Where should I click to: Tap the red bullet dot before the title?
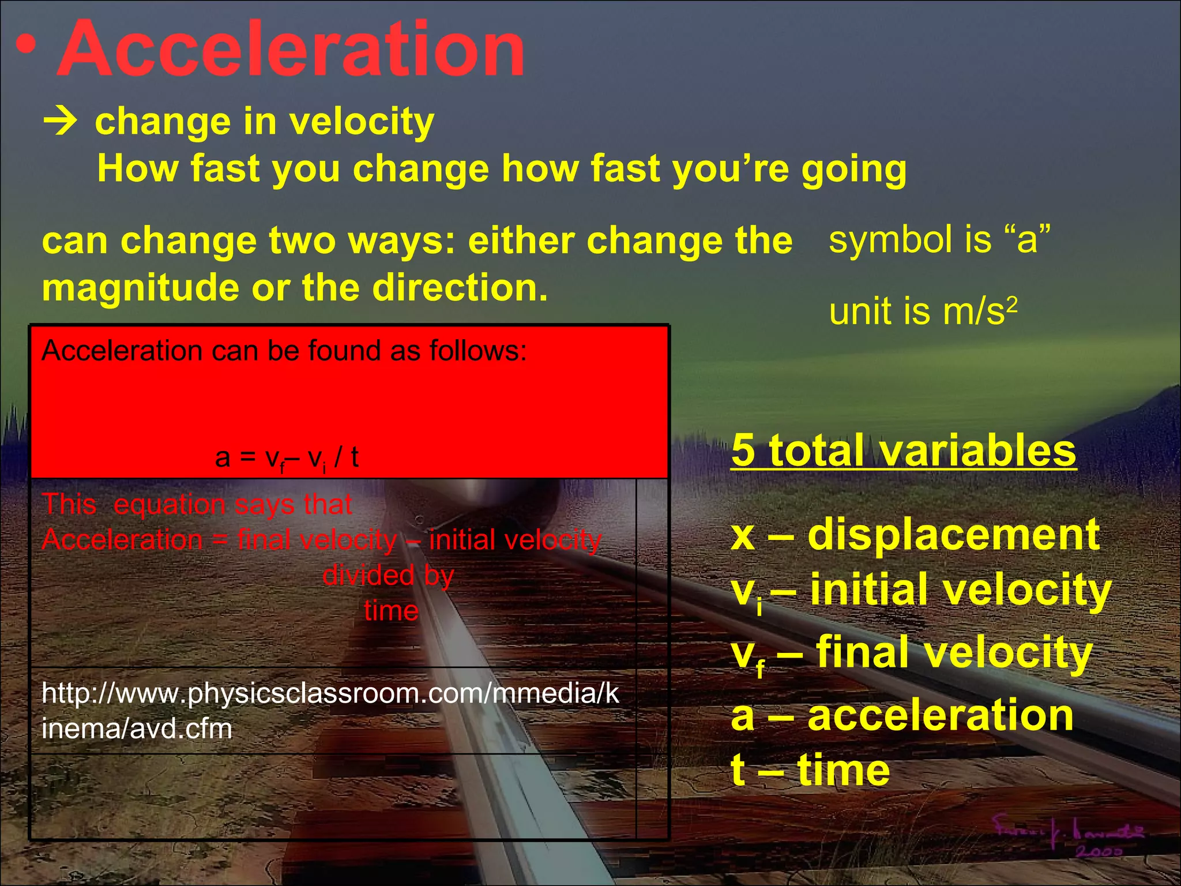point(26,45)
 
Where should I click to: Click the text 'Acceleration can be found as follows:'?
point(284,351)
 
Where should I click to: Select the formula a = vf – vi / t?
point(287,458)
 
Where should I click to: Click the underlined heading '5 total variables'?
point(904,450)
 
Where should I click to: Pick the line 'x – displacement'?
point(915,535)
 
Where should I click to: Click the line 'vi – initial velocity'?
point(921,591)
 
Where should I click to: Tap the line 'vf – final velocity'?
point(912,653)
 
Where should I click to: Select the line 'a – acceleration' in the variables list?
point(902,715)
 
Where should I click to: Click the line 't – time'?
point(810,770)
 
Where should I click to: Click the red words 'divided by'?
point(388,575)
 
